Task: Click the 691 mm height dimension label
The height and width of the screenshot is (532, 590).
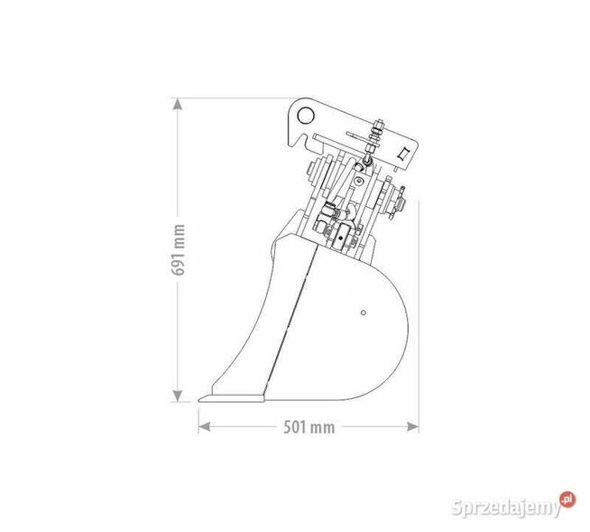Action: click(x=180, y=250)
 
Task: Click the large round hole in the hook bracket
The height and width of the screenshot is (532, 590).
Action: click(x=303, y=116)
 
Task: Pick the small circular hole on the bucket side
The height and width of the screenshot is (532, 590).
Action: click(x=362, y=313)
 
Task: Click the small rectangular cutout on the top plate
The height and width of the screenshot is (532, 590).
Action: click(x=404, y=151)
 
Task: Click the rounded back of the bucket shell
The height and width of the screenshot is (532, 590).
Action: click(x=397, y=343)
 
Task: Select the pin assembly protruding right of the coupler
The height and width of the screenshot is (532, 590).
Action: click(x=398, y=201)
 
